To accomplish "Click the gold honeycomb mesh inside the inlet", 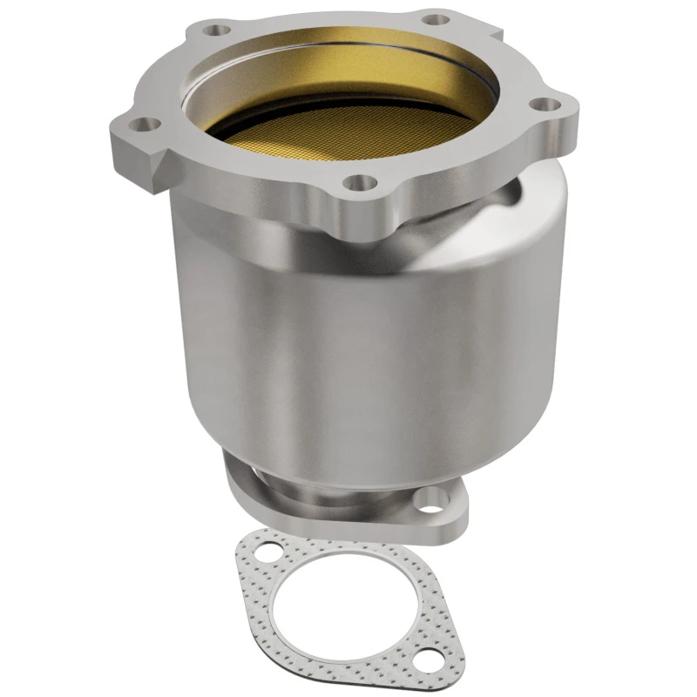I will pos(348,131).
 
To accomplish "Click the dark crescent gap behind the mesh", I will pos(261,122).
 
